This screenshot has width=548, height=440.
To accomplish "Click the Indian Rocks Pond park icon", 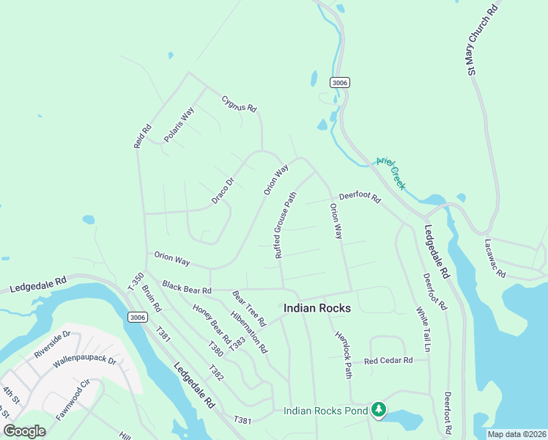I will click(x=379, y=410).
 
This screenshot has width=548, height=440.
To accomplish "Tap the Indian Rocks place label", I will click(x=316, y=308).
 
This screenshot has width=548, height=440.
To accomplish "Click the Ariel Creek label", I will click(x=390, y=173).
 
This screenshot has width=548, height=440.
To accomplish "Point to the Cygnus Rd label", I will click(x=240, y=103).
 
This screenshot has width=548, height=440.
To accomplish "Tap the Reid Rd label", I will click(x=142, y=136).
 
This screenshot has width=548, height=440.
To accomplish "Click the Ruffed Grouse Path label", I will click(x=286, y=225).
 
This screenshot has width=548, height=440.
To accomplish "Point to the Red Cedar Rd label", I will click(x=388, y=360).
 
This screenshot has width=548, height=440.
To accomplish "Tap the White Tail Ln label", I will click(x=423, y=329).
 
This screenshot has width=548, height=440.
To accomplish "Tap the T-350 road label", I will click(x=136, y=280).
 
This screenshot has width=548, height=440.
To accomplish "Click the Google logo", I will click(x=24, y=430).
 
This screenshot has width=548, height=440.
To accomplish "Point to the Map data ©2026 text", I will click(x=516, y=434).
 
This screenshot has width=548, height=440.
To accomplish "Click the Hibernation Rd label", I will click(x=249, y=334).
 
